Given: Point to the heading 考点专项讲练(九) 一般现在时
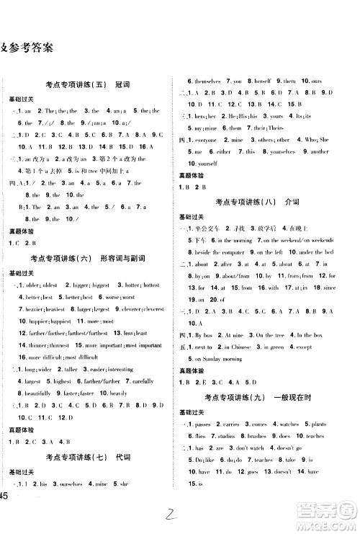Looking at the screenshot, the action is [x=264, y=399].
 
